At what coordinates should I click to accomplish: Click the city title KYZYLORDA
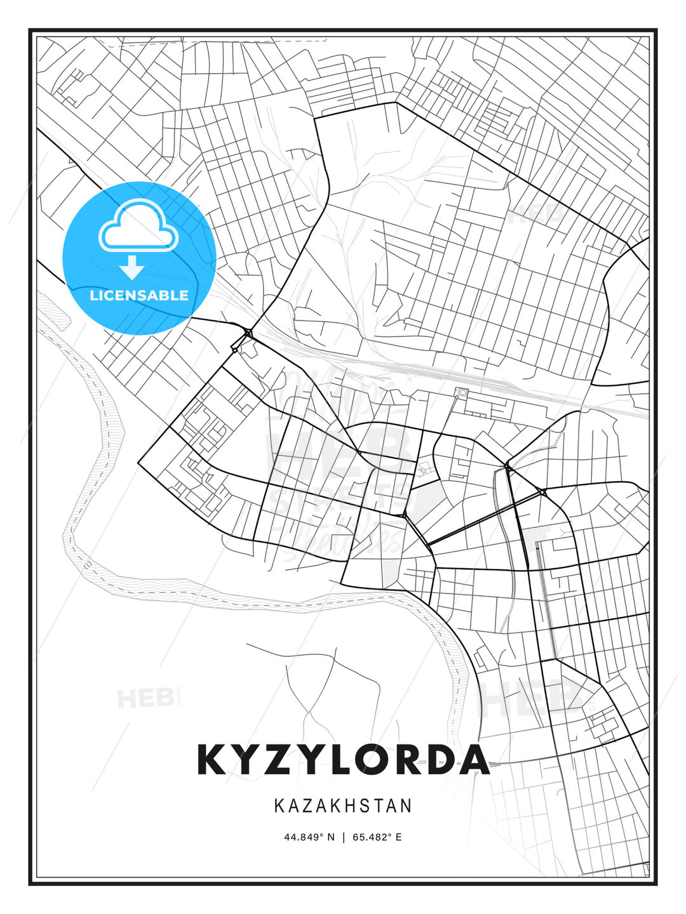pos(343,760)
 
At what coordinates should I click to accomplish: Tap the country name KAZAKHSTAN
pos(343,806)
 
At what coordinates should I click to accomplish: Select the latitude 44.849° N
pos(309,837)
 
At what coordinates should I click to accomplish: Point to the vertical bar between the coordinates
pos(344,837)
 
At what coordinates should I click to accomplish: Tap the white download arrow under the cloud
pos(133,267)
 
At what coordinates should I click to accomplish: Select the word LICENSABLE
pos(139,295)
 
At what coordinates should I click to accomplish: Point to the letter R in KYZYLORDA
pos(413,760)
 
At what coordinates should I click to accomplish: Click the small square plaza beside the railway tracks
pos(461,394)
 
